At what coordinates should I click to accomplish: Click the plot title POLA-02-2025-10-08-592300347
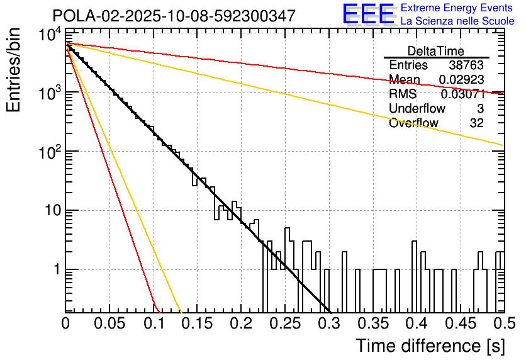pos(174,16)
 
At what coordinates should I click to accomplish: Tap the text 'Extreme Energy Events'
pos(457,8)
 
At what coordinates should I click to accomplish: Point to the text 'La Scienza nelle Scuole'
pos(457,21)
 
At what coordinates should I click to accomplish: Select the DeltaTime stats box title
pos(436,51)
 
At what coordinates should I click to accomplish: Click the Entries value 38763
pos(466,65)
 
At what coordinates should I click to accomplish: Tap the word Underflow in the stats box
pos(417,109)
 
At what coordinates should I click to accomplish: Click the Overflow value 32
pos(477,123)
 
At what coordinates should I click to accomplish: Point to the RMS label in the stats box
pos(402,94)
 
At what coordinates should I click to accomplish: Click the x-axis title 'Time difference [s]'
pos(430,346)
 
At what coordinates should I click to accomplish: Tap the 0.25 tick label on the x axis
pos(284,323)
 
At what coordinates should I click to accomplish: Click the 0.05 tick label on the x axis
pos(109,323)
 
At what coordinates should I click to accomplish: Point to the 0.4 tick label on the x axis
pos(416,323)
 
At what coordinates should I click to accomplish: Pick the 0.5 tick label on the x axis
pos(503,323)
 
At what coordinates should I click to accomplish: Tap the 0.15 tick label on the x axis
pos(196,323)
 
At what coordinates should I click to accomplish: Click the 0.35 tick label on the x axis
pos(372,323)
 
